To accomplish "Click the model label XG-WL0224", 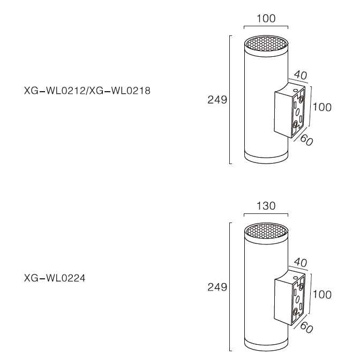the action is (55, 278).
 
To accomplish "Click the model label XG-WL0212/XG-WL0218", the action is (87, 91).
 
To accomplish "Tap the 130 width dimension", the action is (266, 206).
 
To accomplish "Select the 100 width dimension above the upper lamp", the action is (266, 19).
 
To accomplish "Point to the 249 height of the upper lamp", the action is (217, 100).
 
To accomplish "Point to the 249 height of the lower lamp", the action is (217, 287).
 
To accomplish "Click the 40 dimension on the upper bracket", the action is (301, 75).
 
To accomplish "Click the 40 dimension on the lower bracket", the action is (301, 262).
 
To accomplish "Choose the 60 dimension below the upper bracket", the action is (306, 140).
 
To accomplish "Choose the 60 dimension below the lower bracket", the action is (306, 328).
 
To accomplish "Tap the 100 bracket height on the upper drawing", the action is (322, 107).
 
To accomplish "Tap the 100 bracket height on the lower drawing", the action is (322, 294).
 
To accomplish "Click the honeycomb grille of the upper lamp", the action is (266, 44).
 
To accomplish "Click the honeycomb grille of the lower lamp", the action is (266, 231).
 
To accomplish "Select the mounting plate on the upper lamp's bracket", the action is (298, 113).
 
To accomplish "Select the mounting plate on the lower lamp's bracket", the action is (298, 300).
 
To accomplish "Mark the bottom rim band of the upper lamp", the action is (266, 158).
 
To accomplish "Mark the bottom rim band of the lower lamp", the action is (266, 345).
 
